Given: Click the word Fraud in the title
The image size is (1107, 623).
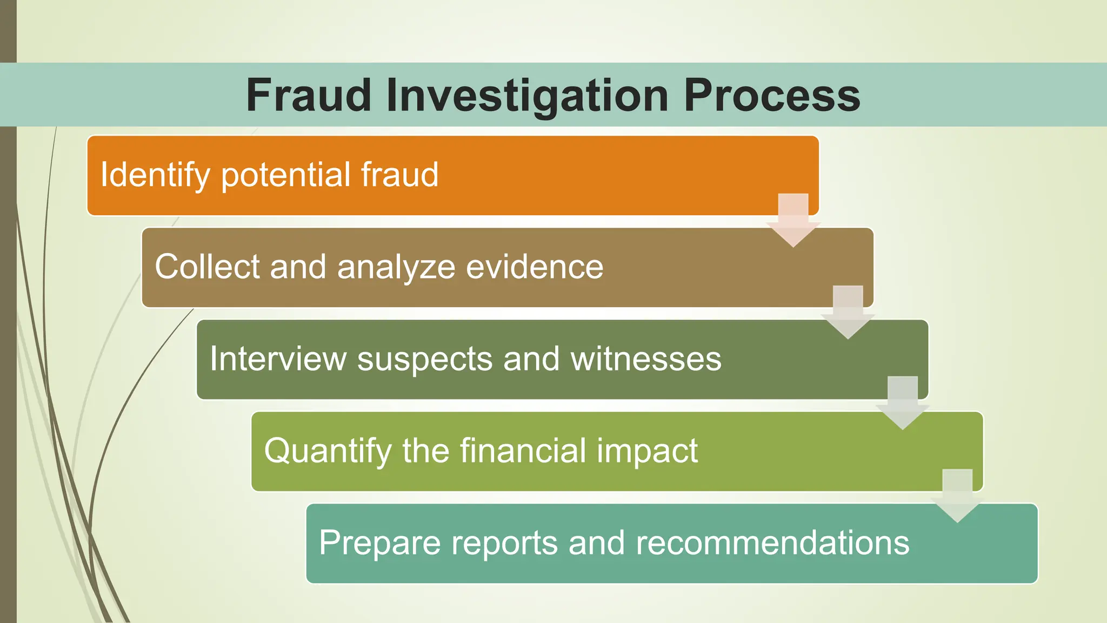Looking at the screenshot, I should pos(308,95).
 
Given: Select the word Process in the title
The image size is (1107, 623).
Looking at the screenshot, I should pos(772,95).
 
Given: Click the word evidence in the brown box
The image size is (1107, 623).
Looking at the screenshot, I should pos(535,267).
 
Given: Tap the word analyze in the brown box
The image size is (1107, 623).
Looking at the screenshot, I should pos(396,268).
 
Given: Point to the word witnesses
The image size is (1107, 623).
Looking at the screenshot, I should pos(646,359).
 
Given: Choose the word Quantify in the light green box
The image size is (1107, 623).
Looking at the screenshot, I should pos(328,452).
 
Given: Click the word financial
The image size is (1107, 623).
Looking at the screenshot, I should pos(523,450).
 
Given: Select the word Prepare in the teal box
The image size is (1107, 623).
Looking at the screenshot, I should pos(379,544).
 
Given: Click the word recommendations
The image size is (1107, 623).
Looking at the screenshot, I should pos(772,542).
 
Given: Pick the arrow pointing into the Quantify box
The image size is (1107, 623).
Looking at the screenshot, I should pos(903,403).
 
